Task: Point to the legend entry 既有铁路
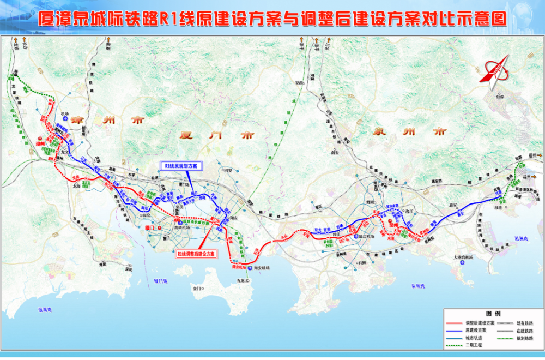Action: (x=520, y=323)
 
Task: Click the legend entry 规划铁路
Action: (x=520, y=338)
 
